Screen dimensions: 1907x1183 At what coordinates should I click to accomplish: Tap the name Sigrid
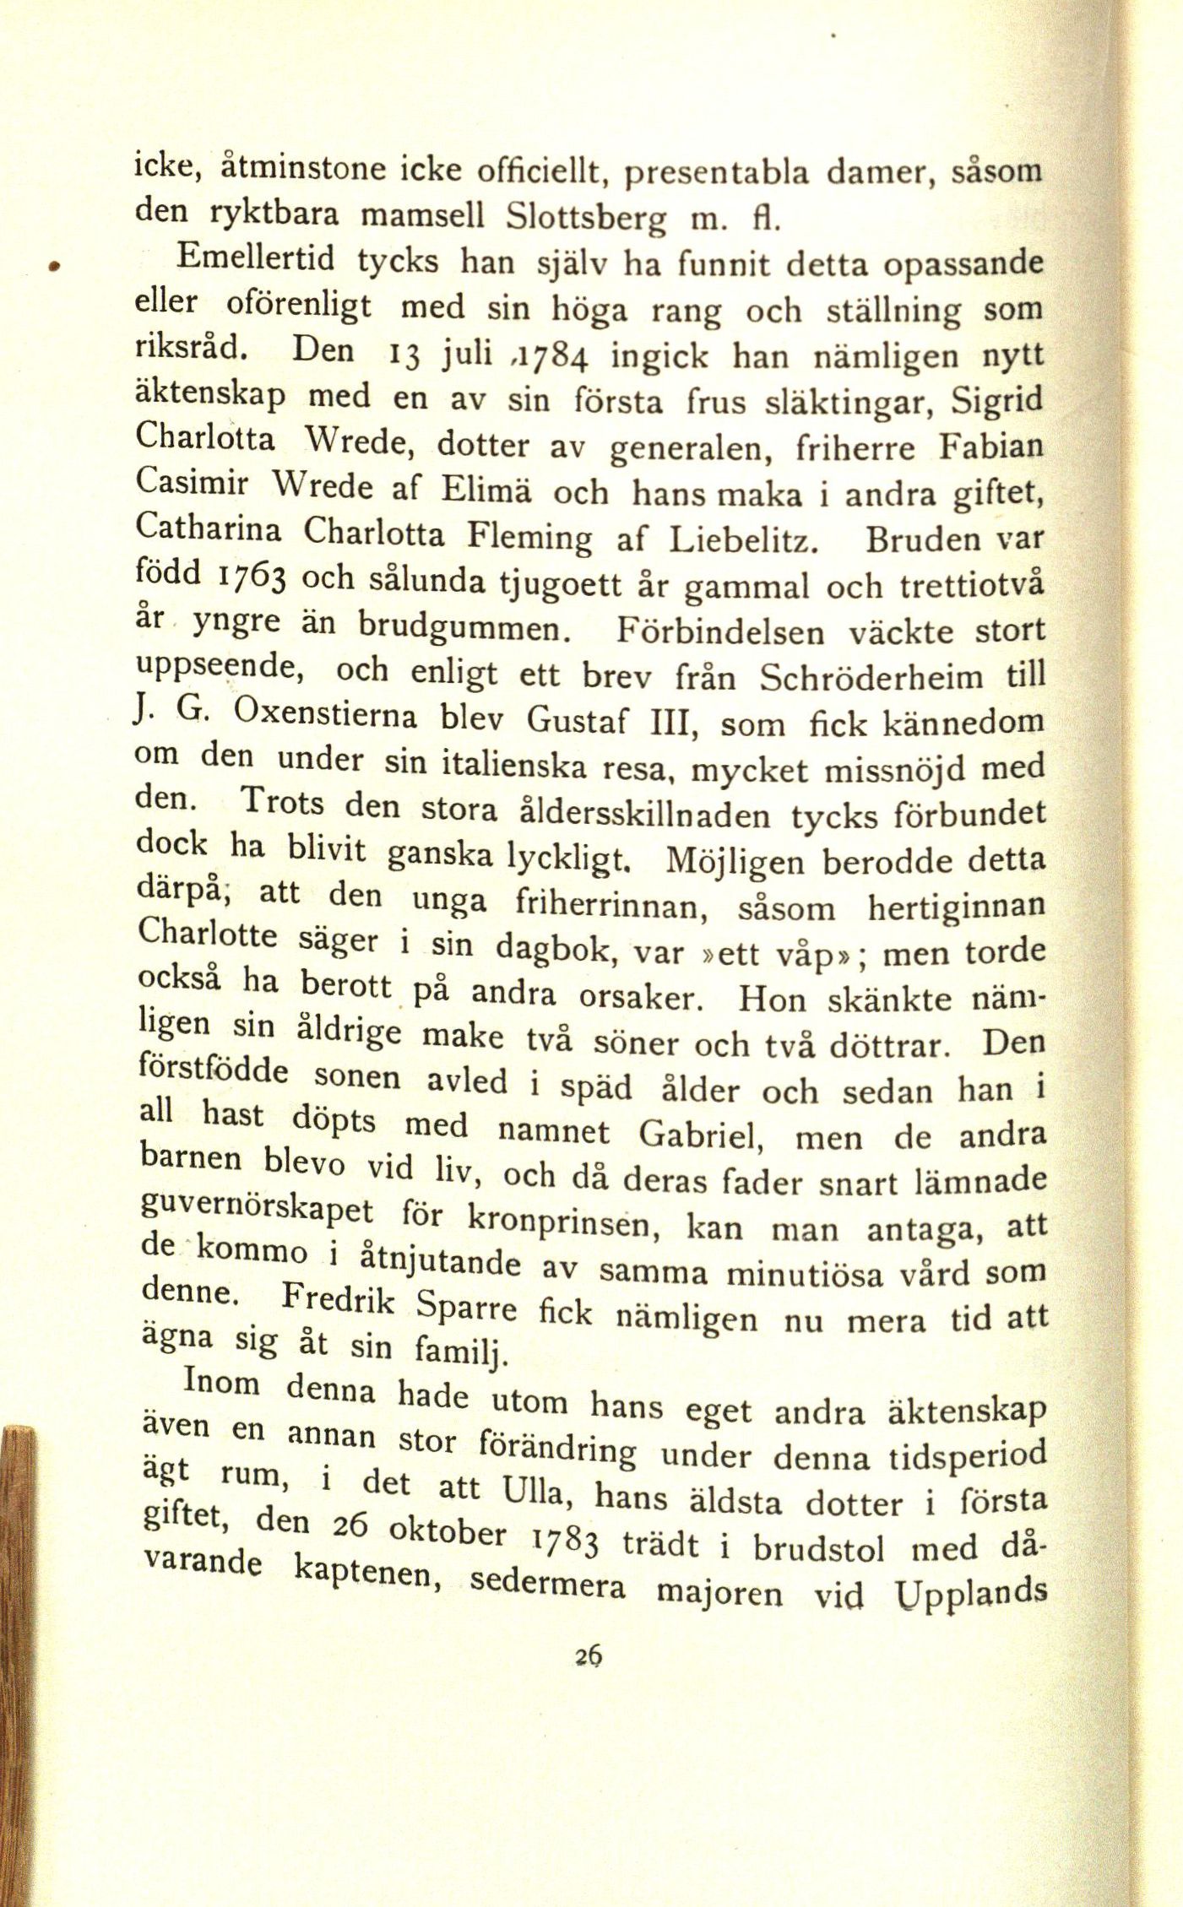tap(996, 402)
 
